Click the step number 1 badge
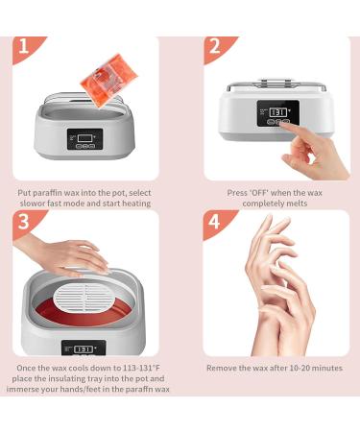(x=25, y=47)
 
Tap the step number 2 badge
(x=216, y=47)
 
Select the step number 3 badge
(x=25, y=222)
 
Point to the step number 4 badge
(x=215, y=222)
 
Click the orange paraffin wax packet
(x=108, y=80)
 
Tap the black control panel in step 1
(x=85, y=139)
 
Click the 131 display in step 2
(x=277, y=112)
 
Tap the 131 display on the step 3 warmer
(x=84, y=349)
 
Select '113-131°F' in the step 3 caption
(x=141, y=368)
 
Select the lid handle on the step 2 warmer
(x=276, y=80)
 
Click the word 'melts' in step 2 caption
(x=297, y=204)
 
